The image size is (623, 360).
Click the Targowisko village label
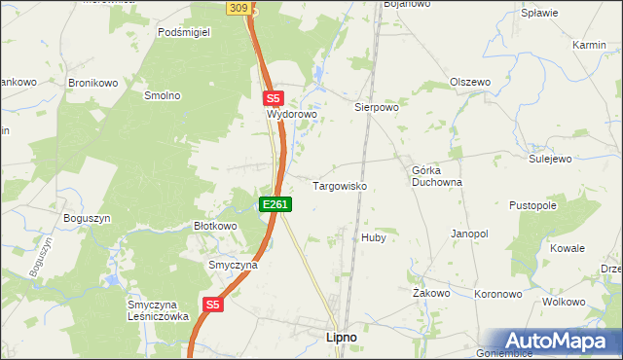pyautogui.click(x=339, y=185)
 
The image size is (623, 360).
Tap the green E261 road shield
pyautogui.click(x=275, y=204)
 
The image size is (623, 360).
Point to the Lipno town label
pyautogui.click(x=339, y=337)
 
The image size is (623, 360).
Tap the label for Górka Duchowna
pyautogui.click(x=436, y=176)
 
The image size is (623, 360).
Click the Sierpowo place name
pyautogui.click(x=377, y=108)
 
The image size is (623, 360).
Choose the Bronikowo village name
pyautogui.click(x=92, y=83)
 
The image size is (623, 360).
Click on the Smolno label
pyautogui.click(x=163, y=95)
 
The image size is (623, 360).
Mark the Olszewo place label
pyautogui.click(x=469, y=83)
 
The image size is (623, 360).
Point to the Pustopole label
pyautogui.click(x=532, y=206)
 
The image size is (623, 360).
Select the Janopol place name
pyautogui.click(x=468, y=234)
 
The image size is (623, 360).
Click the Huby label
pyautogui.click(x=374, y=237)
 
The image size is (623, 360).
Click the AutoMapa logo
pyautogui.click(x=559, y=341)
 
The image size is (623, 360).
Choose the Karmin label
pyautogui.click(x=590, y=46)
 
